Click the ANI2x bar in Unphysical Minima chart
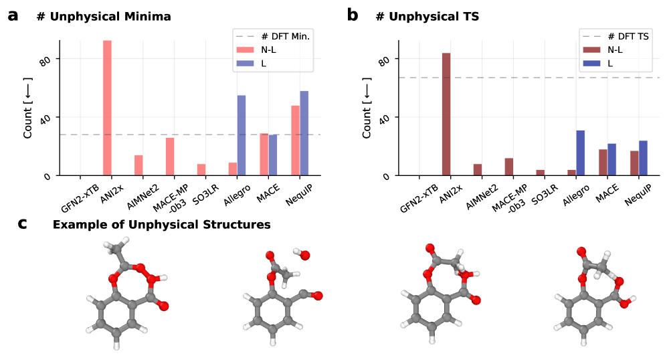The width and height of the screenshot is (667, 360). click(x=107, y=108)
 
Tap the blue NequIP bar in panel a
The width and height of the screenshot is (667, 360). click(x=304, y=133)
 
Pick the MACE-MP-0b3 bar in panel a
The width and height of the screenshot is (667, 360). click(x=170, y=157)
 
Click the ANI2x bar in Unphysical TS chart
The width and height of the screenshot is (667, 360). click(x=446, y=114)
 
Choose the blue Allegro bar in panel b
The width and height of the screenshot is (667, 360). click(x=581, y=153)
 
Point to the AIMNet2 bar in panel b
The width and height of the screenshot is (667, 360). click(x=478, y=169)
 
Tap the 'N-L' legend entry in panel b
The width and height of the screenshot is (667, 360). click(x=609, y=50)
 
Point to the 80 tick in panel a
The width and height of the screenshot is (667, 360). click(x=47, y=61)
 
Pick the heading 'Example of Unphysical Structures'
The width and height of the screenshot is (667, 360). click(x=161, y=225)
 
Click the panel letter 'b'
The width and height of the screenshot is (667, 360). click(x=353, y=15)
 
